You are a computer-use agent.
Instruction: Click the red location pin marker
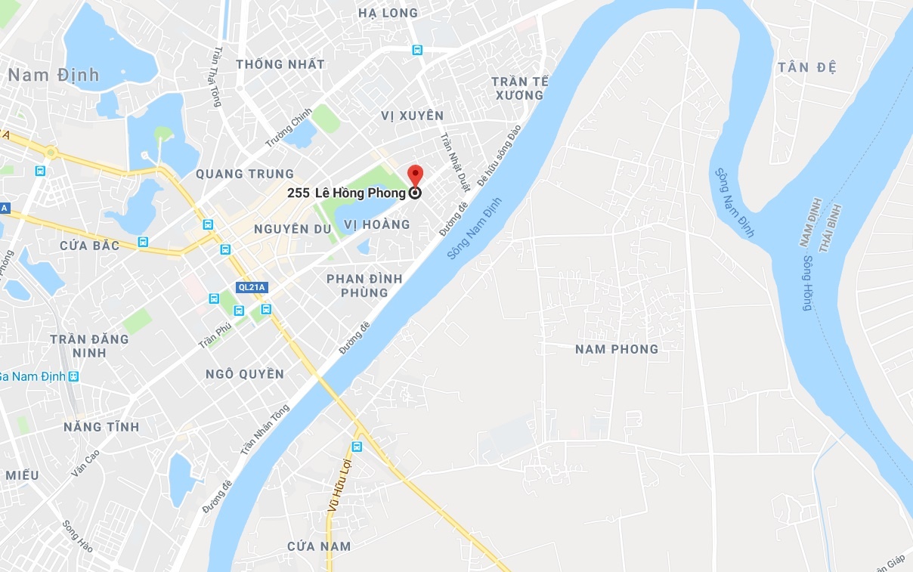tap(415, 175)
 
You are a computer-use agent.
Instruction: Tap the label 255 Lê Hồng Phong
tap(346, 193)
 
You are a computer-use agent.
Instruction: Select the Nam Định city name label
tap(54, 75)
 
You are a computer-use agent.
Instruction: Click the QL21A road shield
tap(250, 287)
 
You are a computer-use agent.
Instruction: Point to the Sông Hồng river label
tap(807, 283)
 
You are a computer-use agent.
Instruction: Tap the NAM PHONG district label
tap(616, 349)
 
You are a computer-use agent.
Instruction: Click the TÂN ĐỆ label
tap(806, 67)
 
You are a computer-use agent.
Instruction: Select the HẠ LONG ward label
tap(388, 13)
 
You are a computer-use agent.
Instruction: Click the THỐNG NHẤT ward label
tap(280, 64)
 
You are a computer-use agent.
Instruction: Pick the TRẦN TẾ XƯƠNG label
tap(519, 88)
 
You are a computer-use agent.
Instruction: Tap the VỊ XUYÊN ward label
tap(412, 116)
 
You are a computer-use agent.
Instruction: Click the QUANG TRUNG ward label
tap(244, 174)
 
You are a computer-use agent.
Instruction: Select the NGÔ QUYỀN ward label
tap(245, 374)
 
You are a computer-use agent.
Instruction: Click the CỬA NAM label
tap(319, 546)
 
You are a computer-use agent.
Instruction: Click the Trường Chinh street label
tap(288, 128)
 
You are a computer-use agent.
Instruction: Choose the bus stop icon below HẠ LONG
tap(416, 50)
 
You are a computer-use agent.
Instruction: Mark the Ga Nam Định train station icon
tap(73, 376)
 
